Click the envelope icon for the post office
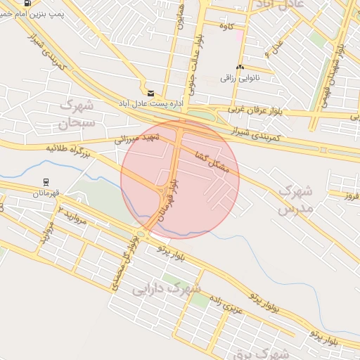pyautogui.click(x=150, y=93)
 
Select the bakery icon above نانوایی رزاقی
pyautogui.click(x=240, y=67)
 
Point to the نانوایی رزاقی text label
pyautogui.click(x=236, y=77)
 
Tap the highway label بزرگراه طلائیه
pyautogui.click(x=69, y=148)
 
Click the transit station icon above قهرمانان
pyautogui.click(x=46, y=181)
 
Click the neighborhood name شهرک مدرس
pyautogui.click(x=294, y=200)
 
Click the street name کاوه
pyautogui.click(x=226, y=27)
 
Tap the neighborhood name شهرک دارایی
pyautogui.click(x=167, y=288)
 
